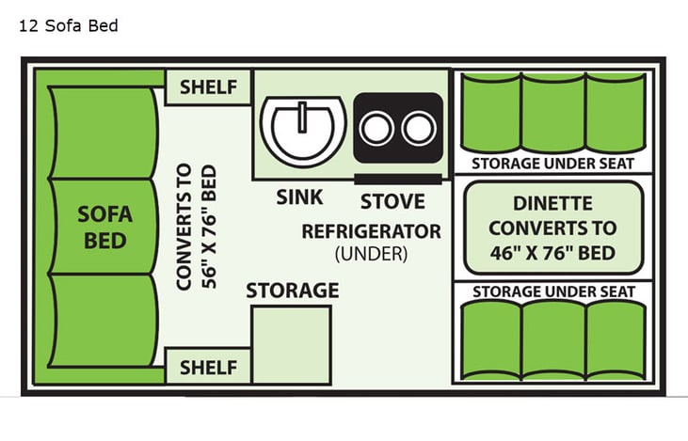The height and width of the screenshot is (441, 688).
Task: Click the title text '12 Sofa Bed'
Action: tap(69, 25)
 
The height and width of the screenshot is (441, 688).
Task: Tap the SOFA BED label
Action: tap(105, 227)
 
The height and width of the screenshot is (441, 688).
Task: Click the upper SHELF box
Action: tap(207, 88)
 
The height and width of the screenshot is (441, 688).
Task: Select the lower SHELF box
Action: tap(207, 366)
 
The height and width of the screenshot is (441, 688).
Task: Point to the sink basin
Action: tap(300, 132)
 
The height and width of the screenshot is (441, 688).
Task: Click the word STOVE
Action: tap(392, 200)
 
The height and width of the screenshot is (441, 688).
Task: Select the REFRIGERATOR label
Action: tap(371, 230)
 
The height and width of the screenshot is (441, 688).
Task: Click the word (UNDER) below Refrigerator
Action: tap(371, 252)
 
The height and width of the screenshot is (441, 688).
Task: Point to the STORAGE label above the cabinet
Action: tap(292, 291)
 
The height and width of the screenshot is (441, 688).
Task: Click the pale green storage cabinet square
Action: tap(290, 343)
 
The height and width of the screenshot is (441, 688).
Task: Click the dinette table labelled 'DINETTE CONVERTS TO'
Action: tap(552, 227)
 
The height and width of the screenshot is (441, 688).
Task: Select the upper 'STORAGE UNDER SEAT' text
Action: tap(552, 163)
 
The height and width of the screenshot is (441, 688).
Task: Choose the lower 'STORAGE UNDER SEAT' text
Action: tap(552, 291)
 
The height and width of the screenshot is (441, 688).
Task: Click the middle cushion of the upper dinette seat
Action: tap(552, 111)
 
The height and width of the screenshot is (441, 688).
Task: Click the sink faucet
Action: tap(303, 119)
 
